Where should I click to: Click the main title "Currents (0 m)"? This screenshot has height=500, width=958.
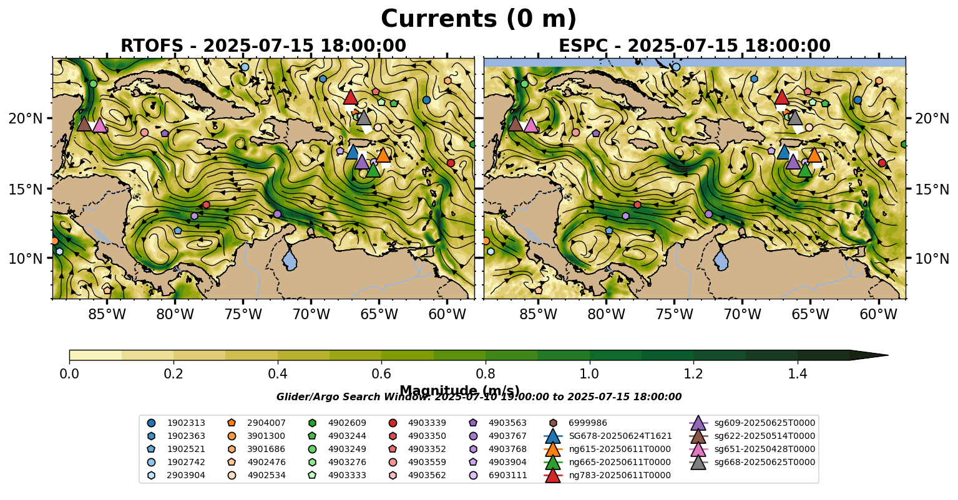479,19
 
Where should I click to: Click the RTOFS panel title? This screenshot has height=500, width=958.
263,46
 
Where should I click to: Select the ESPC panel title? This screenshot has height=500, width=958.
694,46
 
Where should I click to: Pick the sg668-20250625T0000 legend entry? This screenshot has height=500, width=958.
765,462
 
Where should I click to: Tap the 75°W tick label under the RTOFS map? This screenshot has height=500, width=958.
243,314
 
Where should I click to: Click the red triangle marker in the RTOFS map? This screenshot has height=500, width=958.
351,97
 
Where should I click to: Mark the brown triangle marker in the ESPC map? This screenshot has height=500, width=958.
516,124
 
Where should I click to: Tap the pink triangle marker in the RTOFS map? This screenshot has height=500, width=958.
99,125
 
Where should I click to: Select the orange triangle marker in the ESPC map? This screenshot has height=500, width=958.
814,155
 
